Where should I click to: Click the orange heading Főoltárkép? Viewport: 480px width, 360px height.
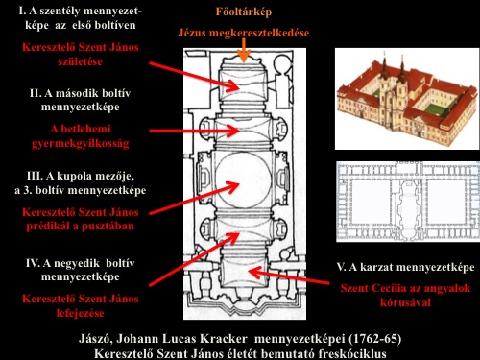(244, 12)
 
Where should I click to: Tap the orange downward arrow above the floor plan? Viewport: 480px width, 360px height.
(244, 51)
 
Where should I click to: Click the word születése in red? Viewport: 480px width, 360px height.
(80, 61)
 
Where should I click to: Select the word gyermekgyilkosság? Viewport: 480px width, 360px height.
(81, 143)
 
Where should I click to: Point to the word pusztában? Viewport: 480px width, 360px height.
(108, 227)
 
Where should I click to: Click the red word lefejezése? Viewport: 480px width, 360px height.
(80, 313)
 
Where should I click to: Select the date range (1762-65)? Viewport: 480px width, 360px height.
(374, 339)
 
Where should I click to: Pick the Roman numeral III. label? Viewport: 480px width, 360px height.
(35, 176)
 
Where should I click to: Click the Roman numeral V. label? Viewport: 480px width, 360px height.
(342, 267)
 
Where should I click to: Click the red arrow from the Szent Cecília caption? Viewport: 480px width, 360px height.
(289, 276)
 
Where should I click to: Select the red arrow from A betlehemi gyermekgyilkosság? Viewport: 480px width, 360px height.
(194, 131)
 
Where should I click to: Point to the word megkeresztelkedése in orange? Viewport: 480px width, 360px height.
(259, 33)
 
